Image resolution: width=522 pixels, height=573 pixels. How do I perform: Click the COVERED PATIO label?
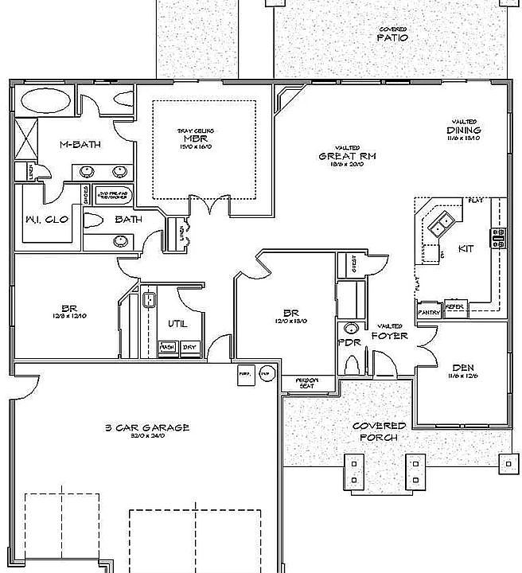click(x=392, y=34)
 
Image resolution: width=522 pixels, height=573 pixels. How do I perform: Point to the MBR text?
click(x=195, y=138)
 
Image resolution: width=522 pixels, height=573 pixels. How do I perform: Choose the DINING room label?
click(x=463, y=130)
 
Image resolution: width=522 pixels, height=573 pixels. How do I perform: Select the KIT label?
click(x=466, y=249)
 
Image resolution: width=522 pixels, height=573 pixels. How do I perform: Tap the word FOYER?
click(x=390, y=336)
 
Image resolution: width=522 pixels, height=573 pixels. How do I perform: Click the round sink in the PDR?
click(x=350, y=329)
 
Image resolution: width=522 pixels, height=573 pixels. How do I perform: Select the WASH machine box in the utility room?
click(x=167, y=347)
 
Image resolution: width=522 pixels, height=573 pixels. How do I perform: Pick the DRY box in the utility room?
click(x=189, y=347)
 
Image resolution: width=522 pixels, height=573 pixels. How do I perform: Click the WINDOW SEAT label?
click(x=307, y=384)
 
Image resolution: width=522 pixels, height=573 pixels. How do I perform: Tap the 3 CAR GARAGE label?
click(x=146, y=428)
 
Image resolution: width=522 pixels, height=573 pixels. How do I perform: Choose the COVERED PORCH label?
click(x=378, y=431)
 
